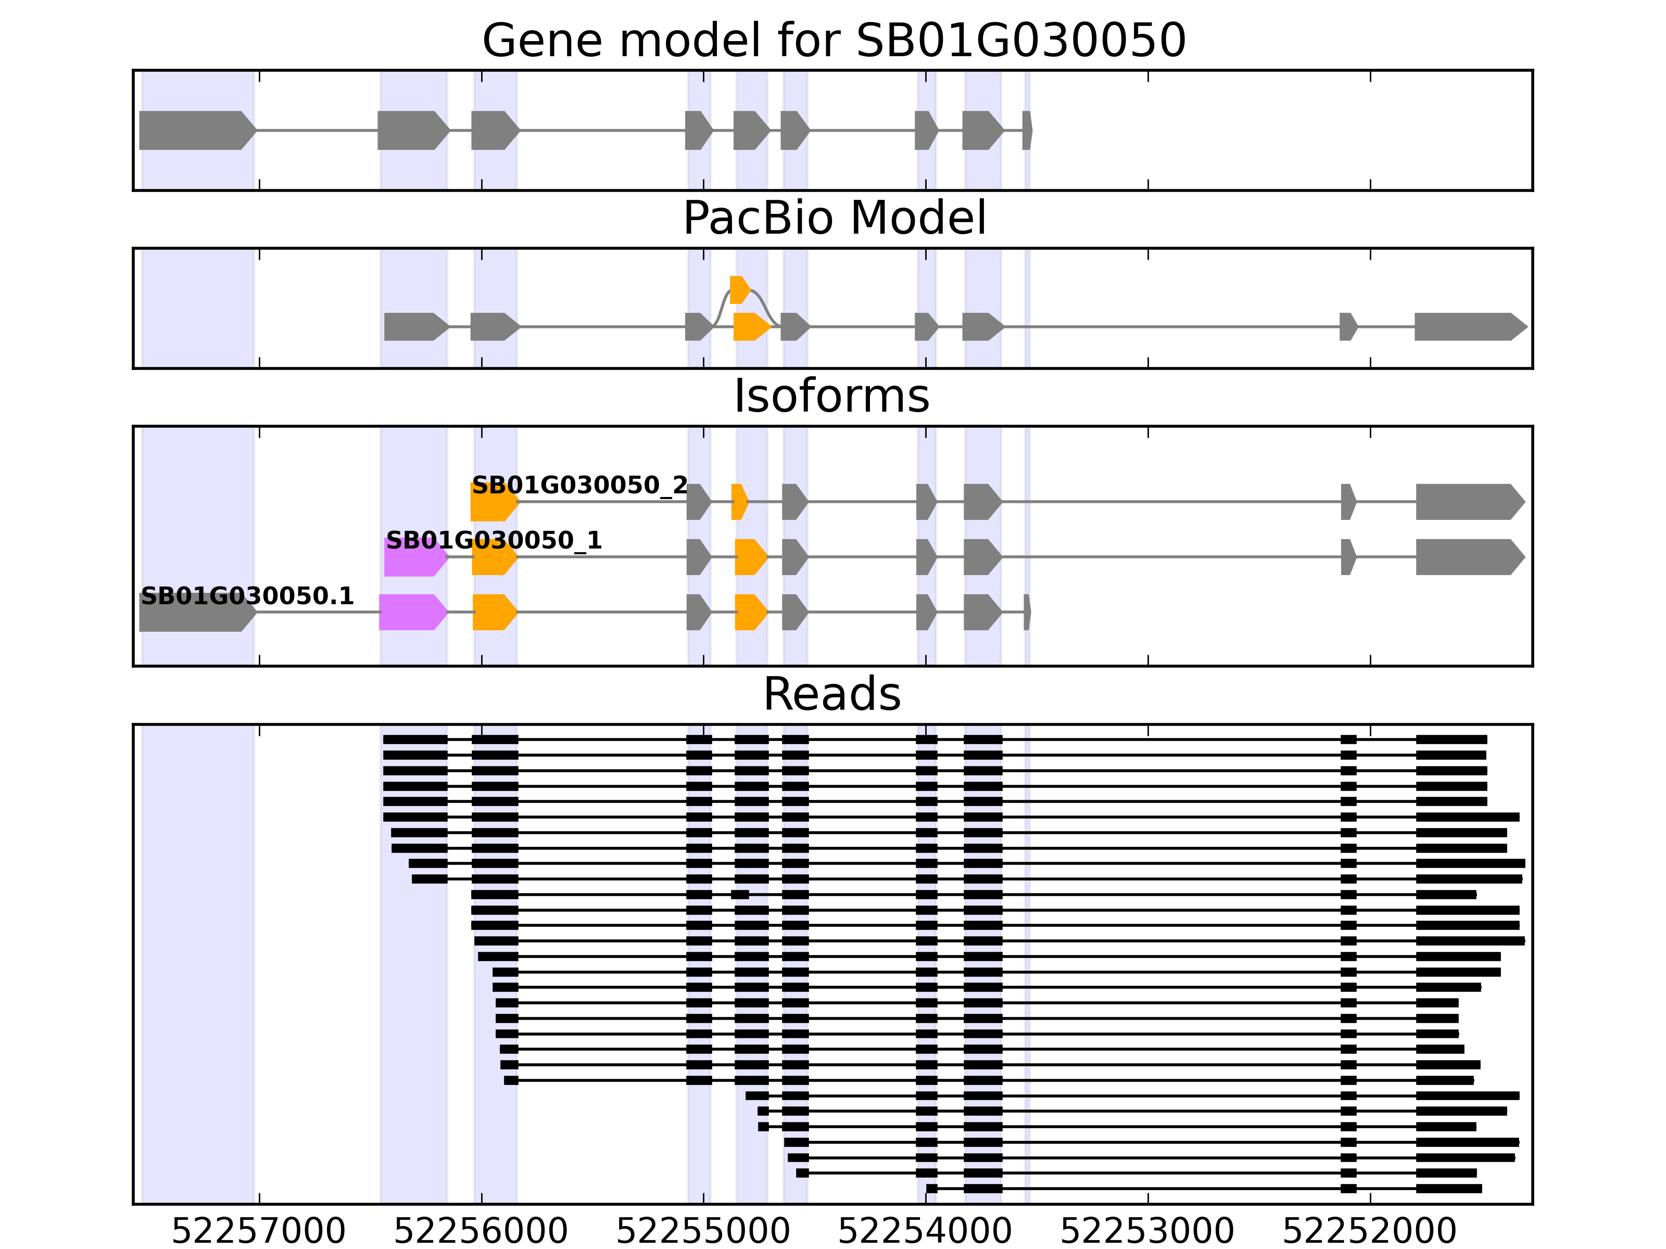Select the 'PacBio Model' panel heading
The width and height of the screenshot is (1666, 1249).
pyautogui.click(x=834, y=219)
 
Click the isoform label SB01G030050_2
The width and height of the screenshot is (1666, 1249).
pyautogui.click(x=579, y=486)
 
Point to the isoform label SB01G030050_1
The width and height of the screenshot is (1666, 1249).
pyautogui.click(x=494, y=541)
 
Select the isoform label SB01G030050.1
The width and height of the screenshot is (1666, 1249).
pyautogui.click(x=247, y=596)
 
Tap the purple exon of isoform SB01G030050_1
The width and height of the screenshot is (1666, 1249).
pyautogui.click(x=414, y=558)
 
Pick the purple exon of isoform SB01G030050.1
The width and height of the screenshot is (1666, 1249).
pyautogui.click(x=412, y=612)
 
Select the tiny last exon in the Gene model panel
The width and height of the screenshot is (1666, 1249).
pyautogui.click(x=1027, y=130)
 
